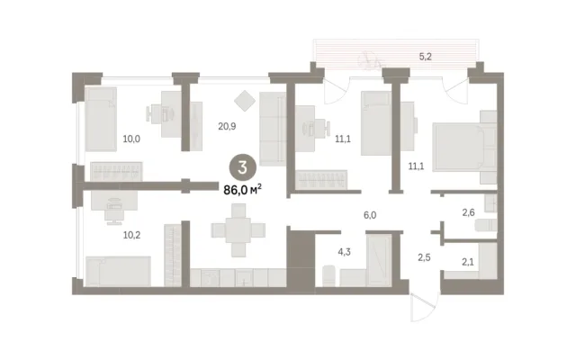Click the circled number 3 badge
(x=242, y=167)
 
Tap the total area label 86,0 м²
(x=242, y=190)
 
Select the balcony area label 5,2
(x=425, y=57)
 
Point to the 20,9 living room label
(x=227, y=126)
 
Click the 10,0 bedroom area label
(x=131, y=139)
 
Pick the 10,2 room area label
(x=131, y=235)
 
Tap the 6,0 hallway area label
(x=370, y=215)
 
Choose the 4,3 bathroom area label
(x=344, y=252)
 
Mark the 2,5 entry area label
(x=424, y=257)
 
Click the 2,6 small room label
(x=468, y=212)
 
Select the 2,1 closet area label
(x=468, y=262)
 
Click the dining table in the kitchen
(x=238, y=230)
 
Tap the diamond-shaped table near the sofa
(x=245, y=100)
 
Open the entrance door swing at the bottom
(x=424, y=308)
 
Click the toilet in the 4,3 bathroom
(x=328, y=275)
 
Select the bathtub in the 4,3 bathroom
(x=379, y=260)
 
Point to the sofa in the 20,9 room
(x=273, y=129)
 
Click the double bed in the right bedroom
(x=464, y=147)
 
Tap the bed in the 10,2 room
(x=118, y=271)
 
